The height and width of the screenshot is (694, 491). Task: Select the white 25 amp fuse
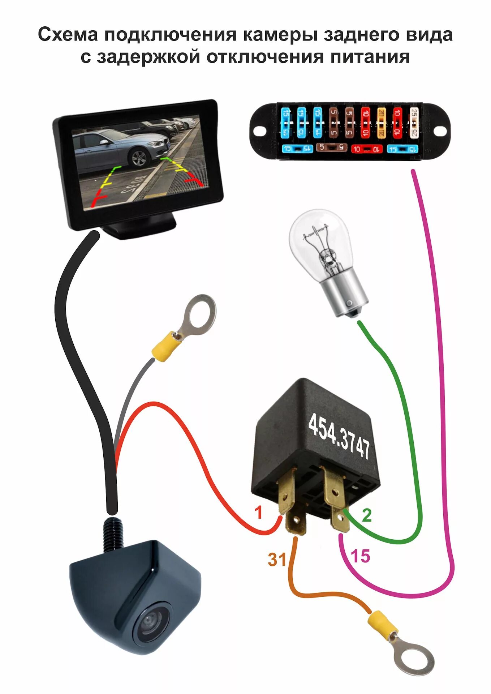(414, 123)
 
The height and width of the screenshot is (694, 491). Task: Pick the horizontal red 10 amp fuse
(366, 149)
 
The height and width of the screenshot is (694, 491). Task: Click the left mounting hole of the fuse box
(259, 130)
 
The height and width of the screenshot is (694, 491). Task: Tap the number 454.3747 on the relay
(339, 436)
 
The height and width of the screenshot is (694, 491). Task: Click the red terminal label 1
(258, 513)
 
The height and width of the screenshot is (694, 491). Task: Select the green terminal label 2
(366, 515)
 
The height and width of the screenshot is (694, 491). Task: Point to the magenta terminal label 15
(360, 556)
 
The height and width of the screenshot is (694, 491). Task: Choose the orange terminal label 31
(277, 560)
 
